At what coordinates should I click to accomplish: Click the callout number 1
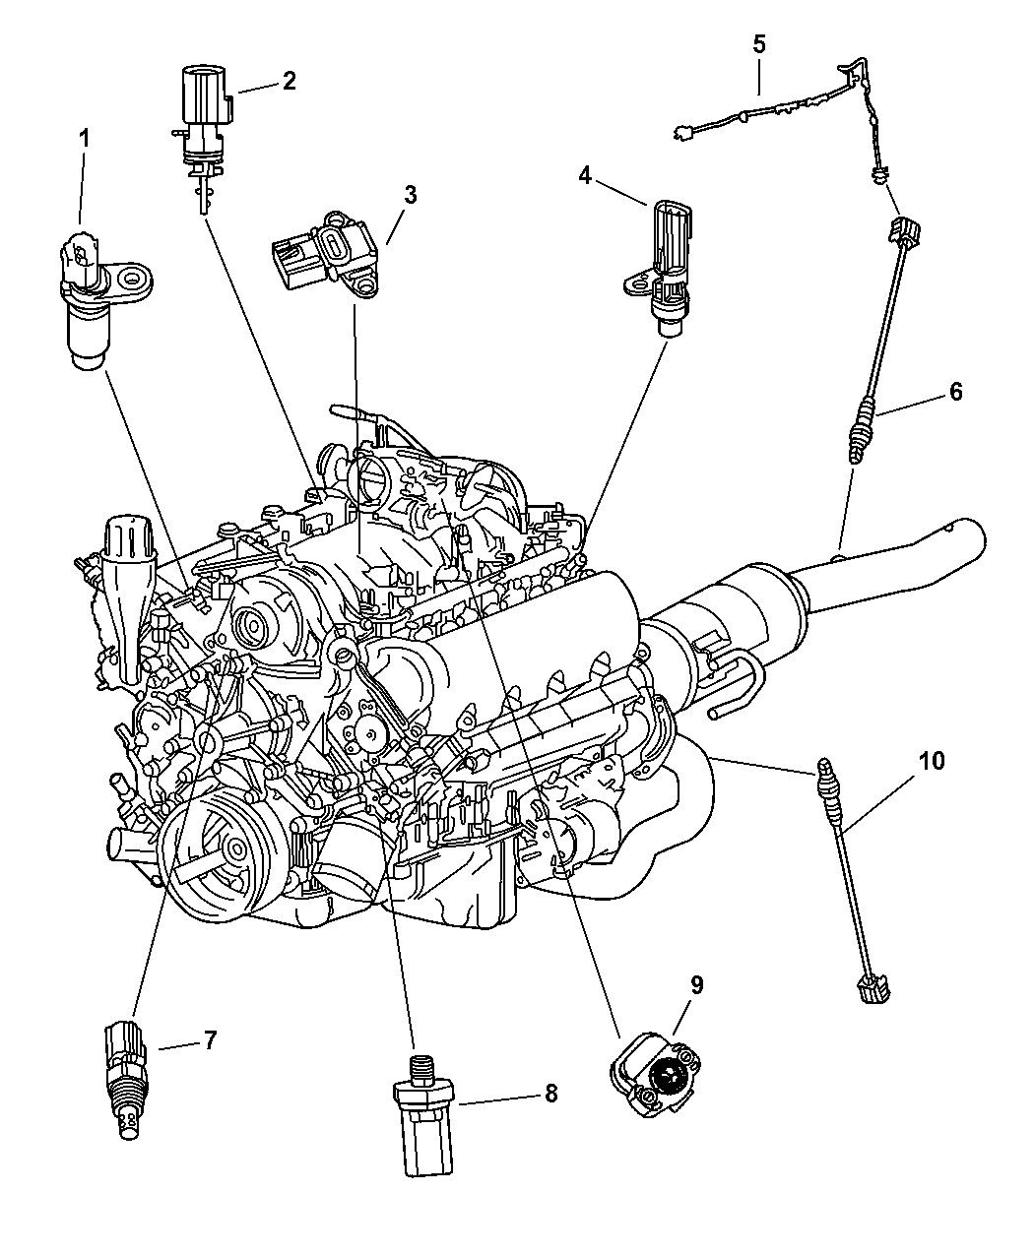84,139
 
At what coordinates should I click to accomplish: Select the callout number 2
289,80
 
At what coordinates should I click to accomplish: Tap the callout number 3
410,194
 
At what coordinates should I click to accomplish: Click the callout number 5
758,44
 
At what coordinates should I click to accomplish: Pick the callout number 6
955,391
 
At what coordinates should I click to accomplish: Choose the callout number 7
210,1039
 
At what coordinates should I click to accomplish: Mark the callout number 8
549,1093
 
